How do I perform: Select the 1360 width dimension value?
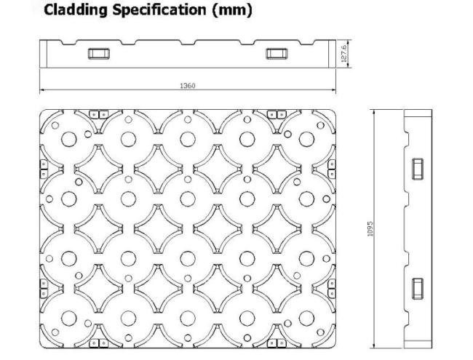[x=187, y=86]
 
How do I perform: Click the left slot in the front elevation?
[x=97, y=53]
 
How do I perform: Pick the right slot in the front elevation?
[x=276, y=53]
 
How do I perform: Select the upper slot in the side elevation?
[x=418, y=168]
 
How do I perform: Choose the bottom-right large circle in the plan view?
[x=306, y=317]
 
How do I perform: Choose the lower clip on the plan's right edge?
[x=332, y=289]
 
